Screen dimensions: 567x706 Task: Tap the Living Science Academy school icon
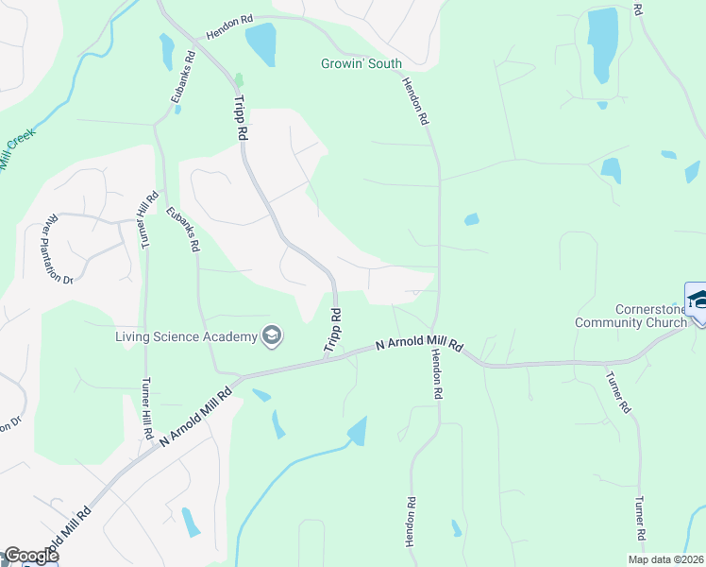(272, 335)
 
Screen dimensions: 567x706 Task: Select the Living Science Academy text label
(186, 336)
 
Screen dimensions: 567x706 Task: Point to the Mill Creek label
(17, 149)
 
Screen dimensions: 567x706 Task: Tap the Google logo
(30, 556)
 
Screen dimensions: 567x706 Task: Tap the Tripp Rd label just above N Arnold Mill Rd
(332, 331)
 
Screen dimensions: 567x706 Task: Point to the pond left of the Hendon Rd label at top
(261, 42)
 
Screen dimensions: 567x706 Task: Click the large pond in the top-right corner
(601, 43)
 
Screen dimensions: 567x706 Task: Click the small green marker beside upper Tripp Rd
(240, 79)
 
